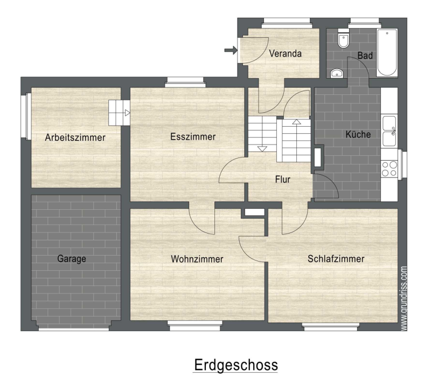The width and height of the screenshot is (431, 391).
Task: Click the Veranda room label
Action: [x=285, y=53]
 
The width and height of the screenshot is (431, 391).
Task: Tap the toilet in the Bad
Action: [x=343, y=38]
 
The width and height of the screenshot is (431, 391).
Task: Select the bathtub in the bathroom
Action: [x=387, y=52]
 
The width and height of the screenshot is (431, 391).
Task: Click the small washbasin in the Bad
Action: [x=337, y=73]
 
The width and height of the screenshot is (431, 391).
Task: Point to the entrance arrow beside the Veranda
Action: [x=231, y=50]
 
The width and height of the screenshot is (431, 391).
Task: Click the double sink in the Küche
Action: [x=389, y=131]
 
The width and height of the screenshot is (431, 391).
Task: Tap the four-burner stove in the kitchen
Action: [x=389, y=169]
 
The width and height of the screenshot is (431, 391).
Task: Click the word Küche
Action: [x=358, y=134]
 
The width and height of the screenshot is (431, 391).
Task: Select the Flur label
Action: [x=282, y=180]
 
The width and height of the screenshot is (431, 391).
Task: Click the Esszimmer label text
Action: [x=193, y=136]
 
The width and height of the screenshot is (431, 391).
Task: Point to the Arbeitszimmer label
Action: [x=75, y=138]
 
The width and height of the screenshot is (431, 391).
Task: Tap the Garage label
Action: [x=72, y=259]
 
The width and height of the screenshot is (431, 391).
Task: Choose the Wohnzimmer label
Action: [x=197, y=259]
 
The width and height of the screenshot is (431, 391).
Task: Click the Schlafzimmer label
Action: [x=336, y=259]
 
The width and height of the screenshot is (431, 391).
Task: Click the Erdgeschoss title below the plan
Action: [x=236, y=365]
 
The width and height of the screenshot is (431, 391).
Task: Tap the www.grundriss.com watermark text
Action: [x=404, y=298]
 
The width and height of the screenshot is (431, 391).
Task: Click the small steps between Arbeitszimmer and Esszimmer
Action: [x=119, y=113]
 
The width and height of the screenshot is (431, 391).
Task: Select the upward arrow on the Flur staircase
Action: [x=296, y=122]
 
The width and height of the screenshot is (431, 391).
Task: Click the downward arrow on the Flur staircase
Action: [x=262, y=149]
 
